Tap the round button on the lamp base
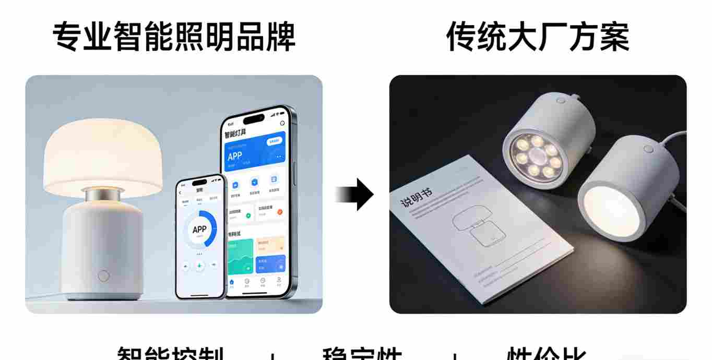[103, 275]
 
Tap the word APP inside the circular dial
[199, 229]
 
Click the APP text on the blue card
[235, 155]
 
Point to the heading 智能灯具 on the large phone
[238, 134]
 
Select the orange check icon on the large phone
[280, 212]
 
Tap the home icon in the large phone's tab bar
[232, 282]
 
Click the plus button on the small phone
[199, 266]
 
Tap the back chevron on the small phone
[181, 193]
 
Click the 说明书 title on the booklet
[416, 197]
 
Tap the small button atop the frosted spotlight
[648, 149]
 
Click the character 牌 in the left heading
[280, 38]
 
